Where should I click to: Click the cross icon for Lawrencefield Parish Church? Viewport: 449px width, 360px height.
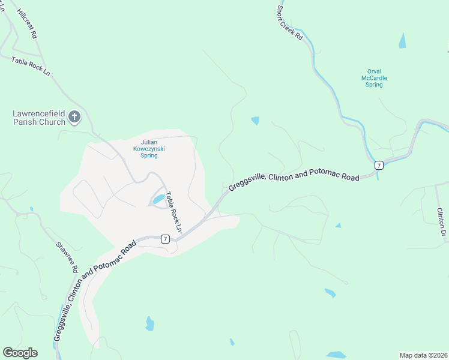click(x=74, y=116)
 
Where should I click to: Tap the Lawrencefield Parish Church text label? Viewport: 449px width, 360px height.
click(x=39, y=118)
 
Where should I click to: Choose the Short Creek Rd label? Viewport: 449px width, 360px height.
click(x=289, y=23)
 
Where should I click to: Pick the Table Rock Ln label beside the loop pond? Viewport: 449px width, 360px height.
click(x=173, y=212)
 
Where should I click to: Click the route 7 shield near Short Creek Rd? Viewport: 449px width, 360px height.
click(x=378, y=165)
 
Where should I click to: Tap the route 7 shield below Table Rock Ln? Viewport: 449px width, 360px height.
click(x=164, y=238)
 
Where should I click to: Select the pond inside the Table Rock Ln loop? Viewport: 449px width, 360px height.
click(x=158, y=199)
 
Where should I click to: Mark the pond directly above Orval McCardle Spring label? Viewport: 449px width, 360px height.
click(x=402, y=41)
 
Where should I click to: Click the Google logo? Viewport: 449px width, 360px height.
click(x=20, y=353)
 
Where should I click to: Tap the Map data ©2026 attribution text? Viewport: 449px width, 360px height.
click(x=422, y=355)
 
